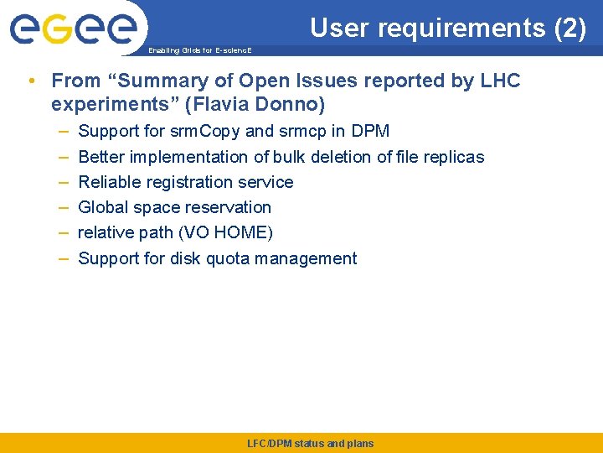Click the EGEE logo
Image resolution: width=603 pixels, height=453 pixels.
[x=73, y=29]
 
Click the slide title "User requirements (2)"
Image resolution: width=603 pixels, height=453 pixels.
[x=448, y=29]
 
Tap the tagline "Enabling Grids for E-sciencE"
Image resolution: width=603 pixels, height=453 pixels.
[x=198, y=51]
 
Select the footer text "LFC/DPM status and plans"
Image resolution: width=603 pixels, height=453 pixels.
[x=311, y=444]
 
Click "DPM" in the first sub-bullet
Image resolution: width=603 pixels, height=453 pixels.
[x=370, y=132]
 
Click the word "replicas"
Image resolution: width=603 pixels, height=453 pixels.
[x=452, y=157]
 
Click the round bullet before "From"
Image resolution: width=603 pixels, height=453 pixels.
[x=31, y=81]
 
